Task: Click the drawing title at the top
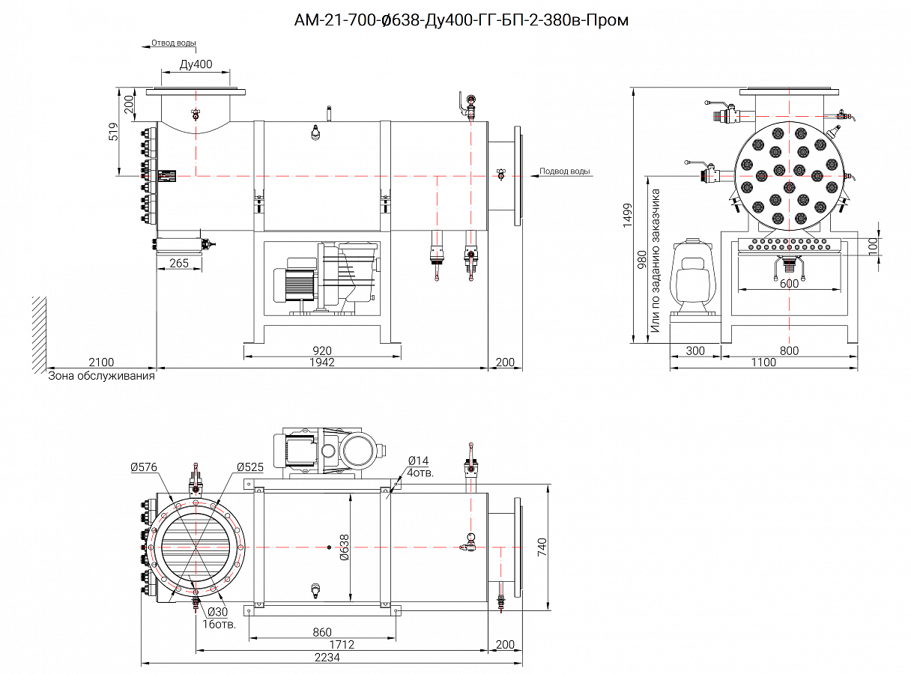pyautogui.click(x=461, y=20)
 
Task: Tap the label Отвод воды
pyautogui.click(x=173, y=43)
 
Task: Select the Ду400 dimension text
pyautogui.click(x=196, y=64)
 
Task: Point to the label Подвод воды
pyautogui.click(x=565, y=171)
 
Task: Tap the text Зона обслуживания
pyautogui.click(x=101, y=376)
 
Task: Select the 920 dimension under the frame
pyautogui.click(x=322, y=350)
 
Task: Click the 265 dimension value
pyautogui.click(x=179, y=263)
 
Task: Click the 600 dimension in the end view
pyautogui.click(x=789, y=283)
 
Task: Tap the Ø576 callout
pyautogui.click(x=143, y=467)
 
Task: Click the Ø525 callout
pyautogui.click(x=250, y=467)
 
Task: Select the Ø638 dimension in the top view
pyautogui.click(x=345, y=547)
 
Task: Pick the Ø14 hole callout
pyautogui.click(x=418, y=461)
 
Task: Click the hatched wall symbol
pyautogui.click(x=38, y=334)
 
